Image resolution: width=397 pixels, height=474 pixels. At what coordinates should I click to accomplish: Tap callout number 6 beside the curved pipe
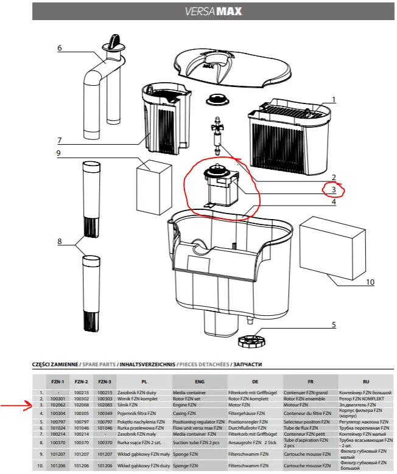click(59, 48)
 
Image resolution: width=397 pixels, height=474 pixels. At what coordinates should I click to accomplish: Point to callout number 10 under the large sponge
click(370, 282)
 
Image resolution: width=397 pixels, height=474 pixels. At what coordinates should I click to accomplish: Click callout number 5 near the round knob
click(333, 324)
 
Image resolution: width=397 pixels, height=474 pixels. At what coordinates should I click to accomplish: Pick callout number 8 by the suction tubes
click(59, 242)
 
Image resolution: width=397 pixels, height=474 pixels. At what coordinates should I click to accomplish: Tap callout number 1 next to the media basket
click(333, 99)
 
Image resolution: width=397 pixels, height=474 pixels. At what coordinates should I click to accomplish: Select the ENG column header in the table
click(198, 382)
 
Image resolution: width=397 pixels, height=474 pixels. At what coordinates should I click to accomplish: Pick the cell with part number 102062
click(58, 404)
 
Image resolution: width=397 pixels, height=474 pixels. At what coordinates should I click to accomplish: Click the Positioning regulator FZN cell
click(198, 420)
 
